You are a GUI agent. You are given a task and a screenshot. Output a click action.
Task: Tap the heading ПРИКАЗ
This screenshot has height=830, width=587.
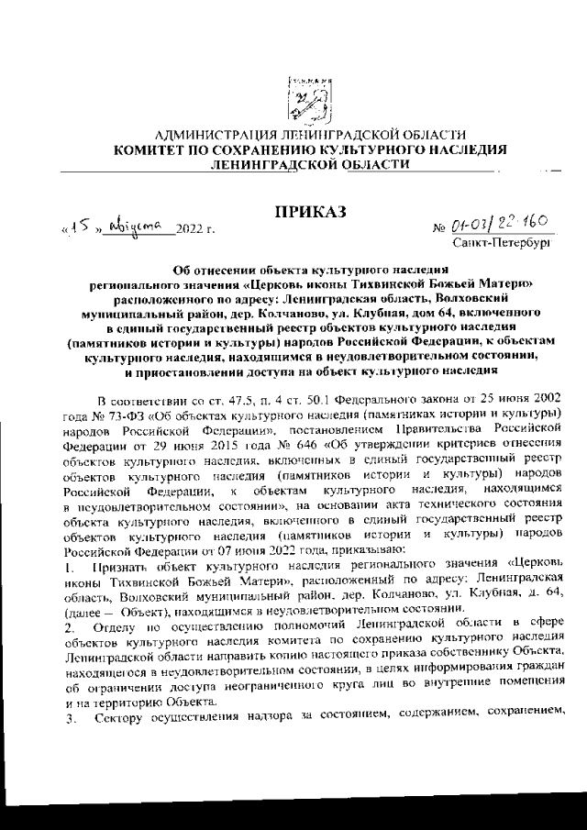307,213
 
